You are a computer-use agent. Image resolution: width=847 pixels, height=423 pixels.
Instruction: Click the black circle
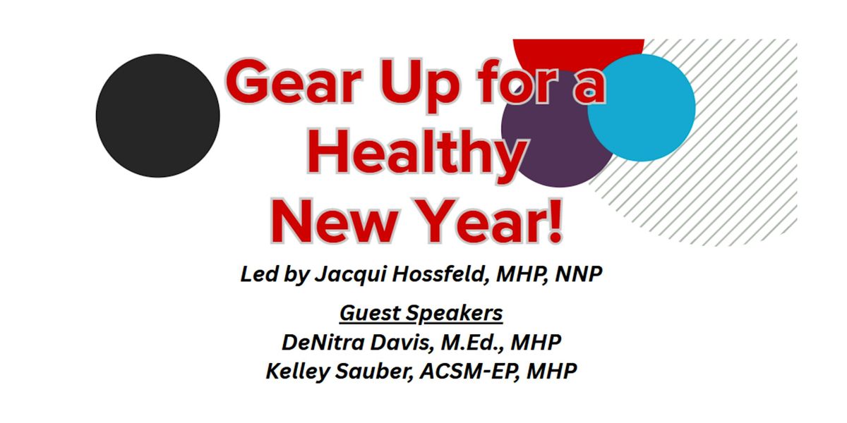[x=157, y=116]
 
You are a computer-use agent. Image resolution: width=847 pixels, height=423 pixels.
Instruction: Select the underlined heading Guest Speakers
[x=421, y=312]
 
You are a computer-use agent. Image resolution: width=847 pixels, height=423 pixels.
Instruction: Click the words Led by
[x=271, y=275]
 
